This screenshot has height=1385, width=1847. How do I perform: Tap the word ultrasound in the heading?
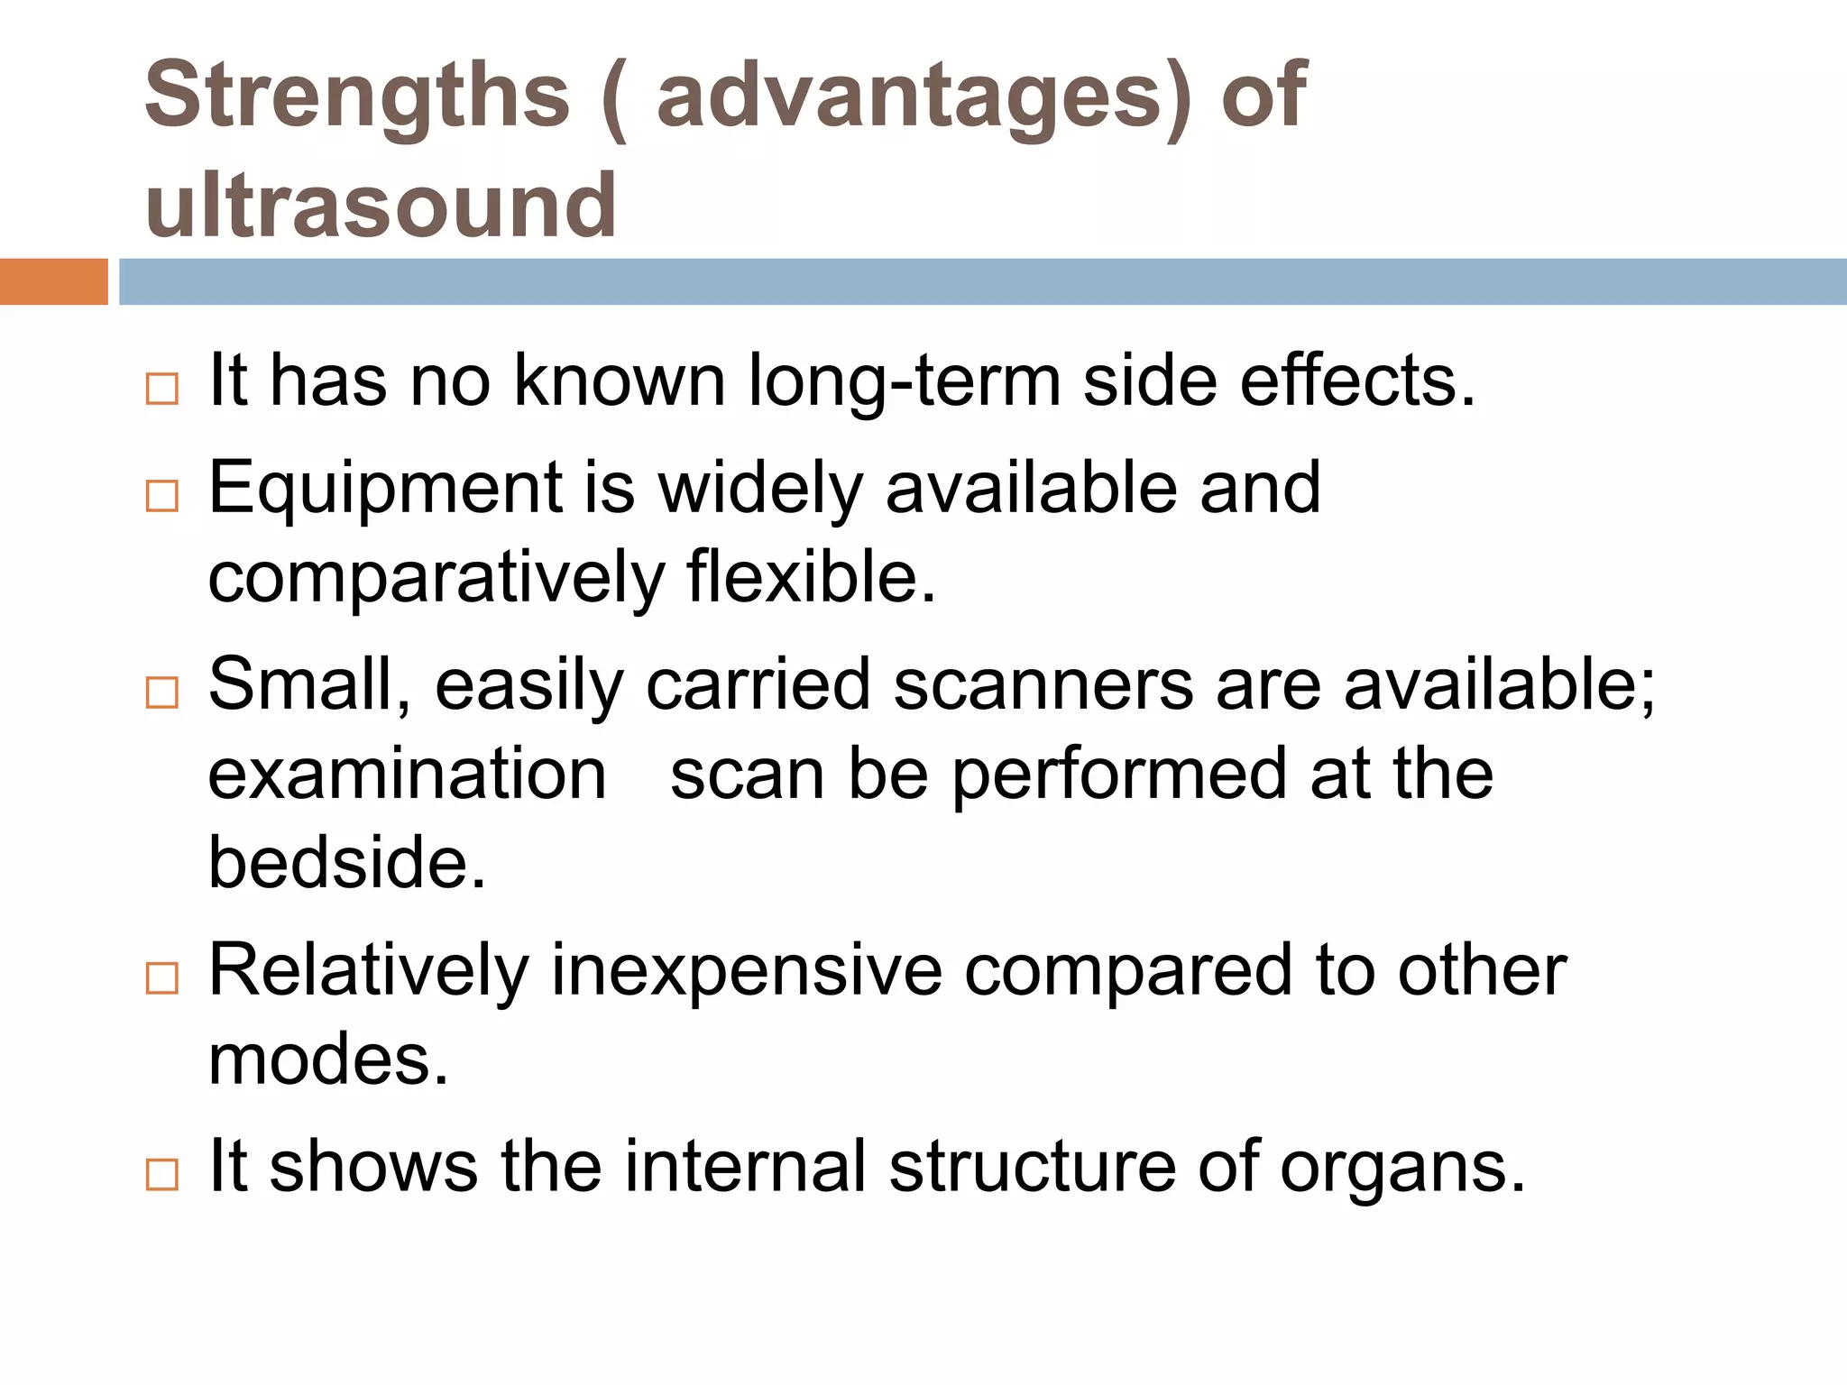[381, 206]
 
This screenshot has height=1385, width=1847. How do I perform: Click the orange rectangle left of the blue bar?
[53, 281]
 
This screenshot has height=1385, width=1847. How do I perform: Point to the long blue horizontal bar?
[982, 281]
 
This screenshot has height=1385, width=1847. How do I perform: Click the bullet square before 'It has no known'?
[162, 390]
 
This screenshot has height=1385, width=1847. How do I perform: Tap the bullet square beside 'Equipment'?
[162, 496]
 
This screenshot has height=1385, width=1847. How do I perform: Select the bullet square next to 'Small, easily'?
[162, 692]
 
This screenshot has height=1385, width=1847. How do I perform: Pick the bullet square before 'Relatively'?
[162, 978]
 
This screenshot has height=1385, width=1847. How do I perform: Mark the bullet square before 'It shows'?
[162, 1175]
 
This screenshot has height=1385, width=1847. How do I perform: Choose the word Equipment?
[385, 490]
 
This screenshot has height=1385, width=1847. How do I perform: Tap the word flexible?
[811, 577]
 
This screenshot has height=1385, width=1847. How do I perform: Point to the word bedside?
[346, 862]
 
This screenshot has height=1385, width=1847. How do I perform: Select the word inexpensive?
[747, 971]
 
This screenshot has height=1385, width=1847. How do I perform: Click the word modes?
[327, 1059]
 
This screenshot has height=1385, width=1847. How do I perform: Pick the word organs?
[1401, 1169]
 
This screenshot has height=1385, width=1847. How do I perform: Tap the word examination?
[407, 775]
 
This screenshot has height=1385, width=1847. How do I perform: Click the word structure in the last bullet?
[1033, 1167]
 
